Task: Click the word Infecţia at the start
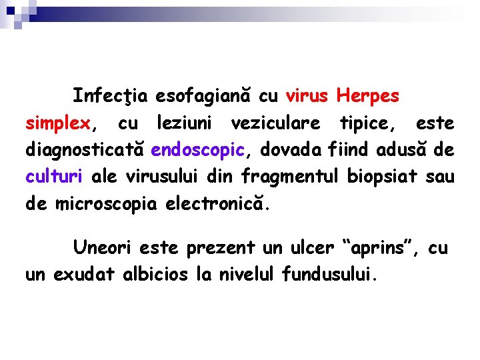[x=111, y=96]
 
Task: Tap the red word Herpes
[x=369, y=96]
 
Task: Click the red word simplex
[x=57, y=123]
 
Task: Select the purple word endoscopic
[x=199, y=150]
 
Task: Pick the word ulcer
[x=312, y=249]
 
